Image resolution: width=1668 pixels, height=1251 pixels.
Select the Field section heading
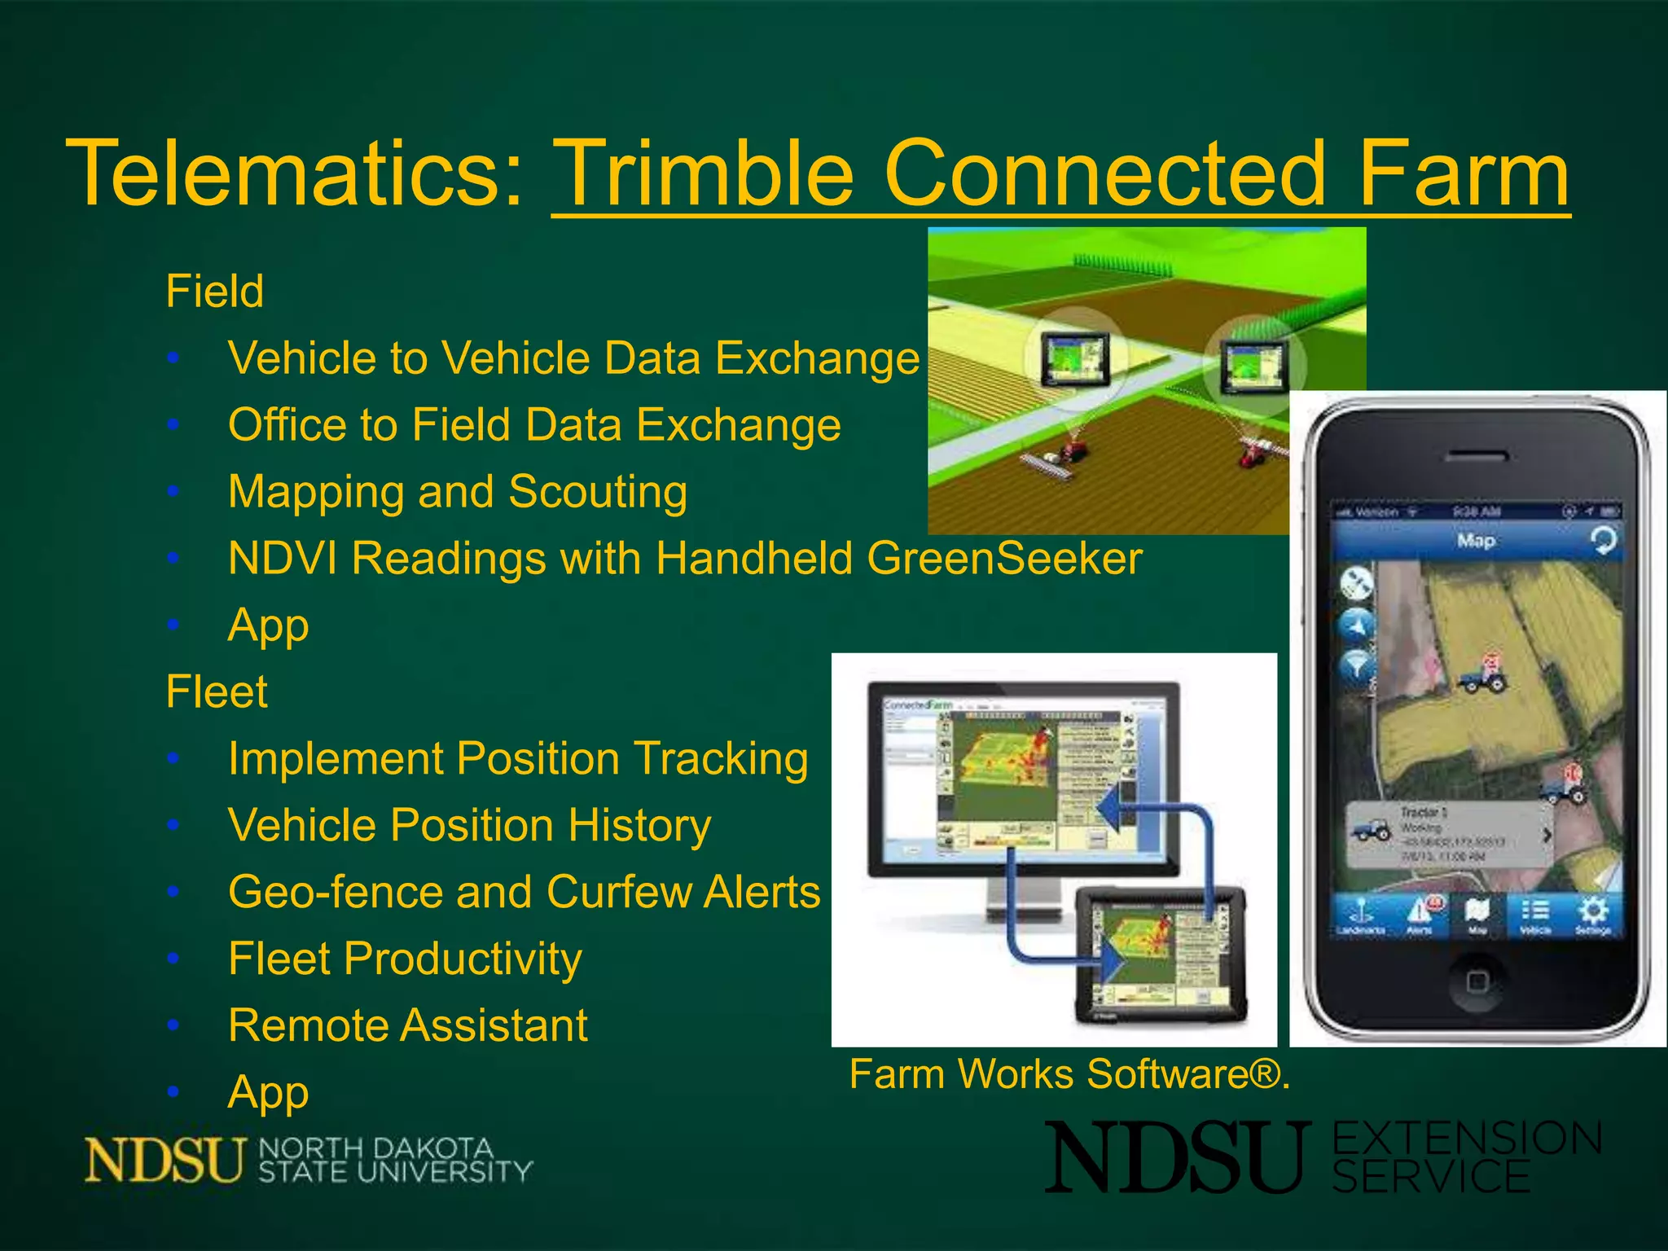coord(215,291)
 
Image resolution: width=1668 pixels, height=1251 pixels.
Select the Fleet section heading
coord(217,691)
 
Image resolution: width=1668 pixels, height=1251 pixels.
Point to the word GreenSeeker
coord(1004,559)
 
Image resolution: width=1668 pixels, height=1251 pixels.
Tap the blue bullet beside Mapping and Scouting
coord(173,491)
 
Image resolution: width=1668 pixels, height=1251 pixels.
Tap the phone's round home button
coord(1477,981)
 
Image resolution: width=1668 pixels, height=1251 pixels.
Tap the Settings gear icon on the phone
coord(1593,914)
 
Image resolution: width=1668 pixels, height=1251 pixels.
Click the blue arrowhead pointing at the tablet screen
coord(1114,963)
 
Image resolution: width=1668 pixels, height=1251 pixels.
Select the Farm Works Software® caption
coord(1069,1073)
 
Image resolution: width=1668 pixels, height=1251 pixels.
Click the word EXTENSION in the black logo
coord(1467,1138)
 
